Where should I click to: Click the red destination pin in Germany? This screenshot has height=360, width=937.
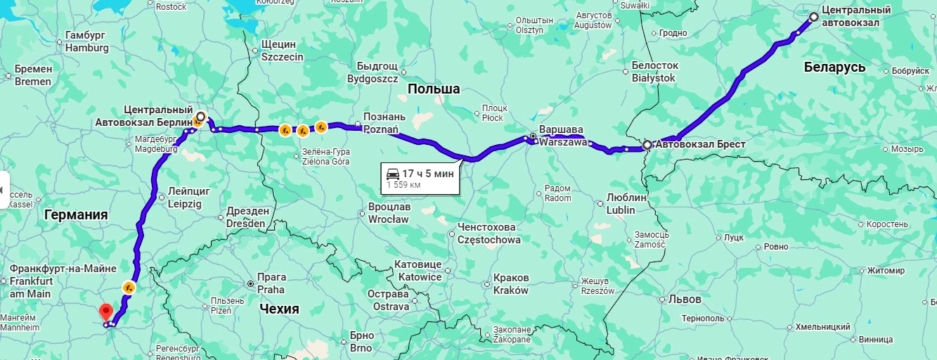105,311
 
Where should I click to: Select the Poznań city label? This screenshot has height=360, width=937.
381,123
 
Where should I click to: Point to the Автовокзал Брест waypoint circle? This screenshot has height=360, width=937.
647,145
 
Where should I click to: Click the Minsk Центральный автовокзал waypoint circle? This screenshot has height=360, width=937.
813,17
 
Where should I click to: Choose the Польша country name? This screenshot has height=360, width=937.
434,89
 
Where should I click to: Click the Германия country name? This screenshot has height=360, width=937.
76,215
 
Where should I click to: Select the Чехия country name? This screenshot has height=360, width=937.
279,309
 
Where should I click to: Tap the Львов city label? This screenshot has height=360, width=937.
685,299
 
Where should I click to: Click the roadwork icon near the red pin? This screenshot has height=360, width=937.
129,287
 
